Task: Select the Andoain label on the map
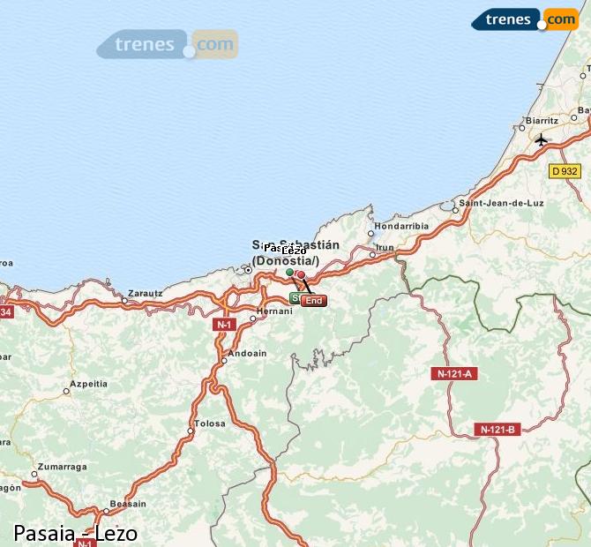(x=247, y=354)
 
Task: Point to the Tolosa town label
(x=210, y=423)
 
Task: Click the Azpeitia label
(x=89, y=384)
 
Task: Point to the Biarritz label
(x=541, y=120)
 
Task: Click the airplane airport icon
(x=541, y=139)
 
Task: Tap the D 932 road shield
(x=564, y=171)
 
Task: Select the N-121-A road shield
(x=455, y=374)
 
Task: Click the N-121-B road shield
(x=497, y=430)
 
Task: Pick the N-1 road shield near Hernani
(x=223, y=325)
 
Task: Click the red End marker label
(x=313, y=301)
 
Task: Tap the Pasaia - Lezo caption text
(x=76, y=533)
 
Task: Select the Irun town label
(x=385, y=248)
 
